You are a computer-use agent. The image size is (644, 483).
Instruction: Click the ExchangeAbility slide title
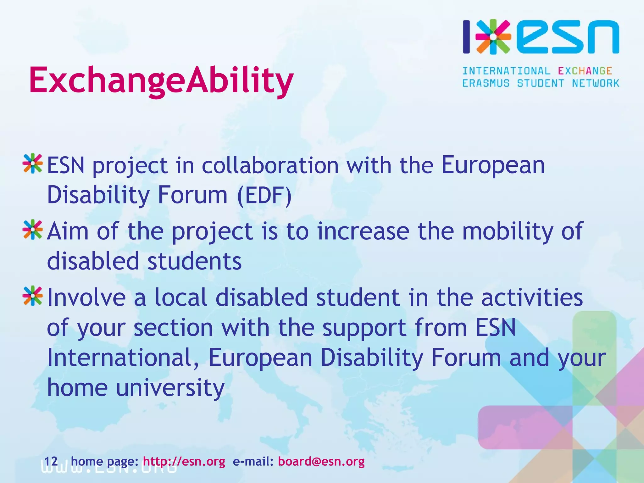161,80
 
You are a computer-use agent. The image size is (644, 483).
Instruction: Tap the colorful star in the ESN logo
493,37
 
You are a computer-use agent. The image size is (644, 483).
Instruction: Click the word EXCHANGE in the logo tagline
585,71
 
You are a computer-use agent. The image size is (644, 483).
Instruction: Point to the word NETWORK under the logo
596,83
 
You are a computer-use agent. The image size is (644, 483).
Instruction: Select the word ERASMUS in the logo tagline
486,83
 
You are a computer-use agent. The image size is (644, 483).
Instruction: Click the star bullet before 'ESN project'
33,164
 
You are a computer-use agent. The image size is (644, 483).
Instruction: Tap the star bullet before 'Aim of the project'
33,230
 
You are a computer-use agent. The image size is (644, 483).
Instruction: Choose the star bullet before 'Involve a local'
33,296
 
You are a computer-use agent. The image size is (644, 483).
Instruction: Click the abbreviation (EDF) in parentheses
265,195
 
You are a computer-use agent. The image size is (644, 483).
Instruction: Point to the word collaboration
270,165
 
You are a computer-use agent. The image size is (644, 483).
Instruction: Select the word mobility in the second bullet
508,231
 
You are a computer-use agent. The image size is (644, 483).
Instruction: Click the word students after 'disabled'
194,261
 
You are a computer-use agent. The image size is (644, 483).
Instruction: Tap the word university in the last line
170,387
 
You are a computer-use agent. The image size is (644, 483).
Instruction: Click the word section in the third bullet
173,328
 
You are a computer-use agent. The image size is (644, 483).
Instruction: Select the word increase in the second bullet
363,231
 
